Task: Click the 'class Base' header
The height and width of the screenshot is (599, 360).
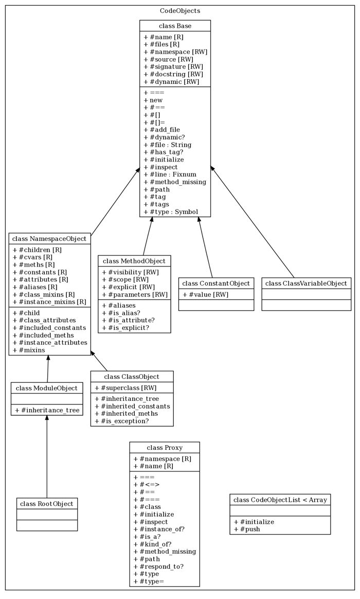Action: click(x=175, y=26)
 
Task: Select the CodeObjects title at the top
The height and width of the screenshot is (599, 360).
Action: click(x=180, y=10)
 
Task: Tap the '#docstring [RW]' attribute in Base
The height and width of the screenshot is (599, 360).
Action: click(x=173, y=74)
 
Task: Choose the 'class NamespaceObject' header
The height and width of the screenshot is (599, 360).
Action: click(x=49, y=239)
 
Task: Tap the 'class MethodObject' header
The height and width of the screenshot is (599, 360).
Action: click(x=134, y=261)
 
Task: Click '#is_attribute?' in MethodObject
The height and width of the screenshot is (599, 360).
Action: click(x=129, y=320)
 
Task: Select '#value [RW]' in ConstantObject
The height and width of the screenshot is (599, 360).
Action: click(x=206, y=294)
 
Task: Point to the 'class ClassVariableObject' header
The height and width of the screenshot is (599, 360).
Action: click(x=306, y=283)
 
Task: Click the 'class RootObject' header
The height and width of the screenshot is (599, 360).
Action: click(x=47, y=503)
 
